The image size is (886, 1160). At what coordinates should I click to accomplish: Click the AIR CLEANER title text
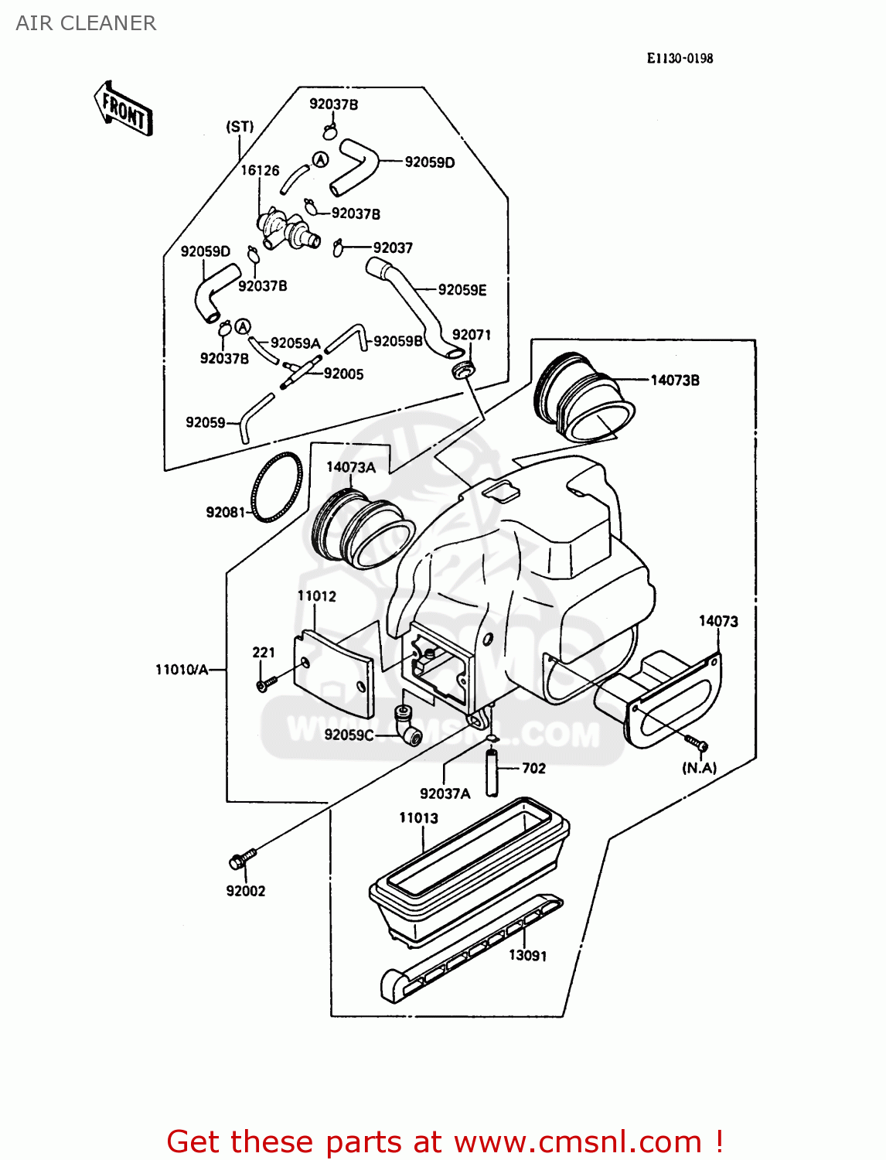click(86, 23)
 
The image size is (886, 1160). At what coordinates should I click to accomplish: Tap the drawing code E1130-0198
click(680, 58)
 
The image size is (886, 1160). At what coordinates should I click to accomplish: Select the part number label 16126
click(260, 170)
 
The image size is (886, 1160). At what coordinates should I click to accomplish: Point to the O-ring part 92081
click(277, 487)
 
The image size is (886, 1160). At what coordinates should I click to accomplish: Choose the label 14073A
click(350, 467)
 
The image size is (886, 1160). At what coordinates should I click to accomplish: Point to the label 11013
click(418, 817)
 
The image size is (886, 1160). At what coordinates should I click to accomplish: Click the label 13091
click(527, 956)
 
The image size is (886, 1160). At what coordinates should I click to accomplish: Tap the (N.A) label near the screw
click(699, 768)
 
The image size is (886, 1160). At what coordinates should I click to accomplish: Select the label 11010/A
click(182, 670)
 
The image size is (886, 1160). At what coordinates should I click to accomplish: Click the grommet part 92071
click(462, 369)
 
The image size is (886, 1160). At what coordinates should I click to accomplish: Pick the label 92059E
click(462, 290)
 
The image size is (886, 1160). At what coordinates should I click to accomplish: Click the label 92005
click(343, 374)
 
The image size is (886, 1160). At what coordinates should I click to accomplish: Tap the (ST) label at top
click(240, 126)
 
